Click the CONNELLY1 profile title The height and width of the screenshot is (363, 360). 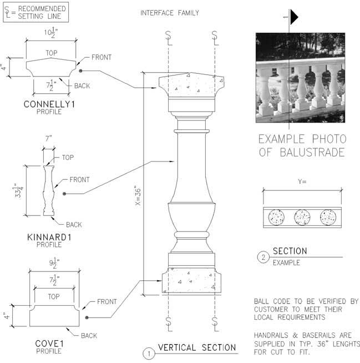tap(49, 104)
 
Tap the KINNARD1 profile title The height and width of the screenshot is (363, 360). tap(49, 238)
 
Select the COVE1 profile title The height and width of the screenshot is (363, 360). tap(49, 344)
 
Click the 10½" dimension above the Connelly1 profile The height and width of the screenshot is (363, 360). tap(51, 32)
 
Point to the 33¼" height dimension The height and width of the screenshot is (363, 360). tap(18, 190)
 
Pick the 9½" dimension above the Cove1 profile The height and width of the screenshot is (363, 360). tap(54, 263)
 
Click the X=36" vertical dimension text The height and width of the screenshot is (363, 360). tap(138, 195)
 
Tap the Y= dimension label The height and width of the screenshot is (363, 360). tap(302, 181)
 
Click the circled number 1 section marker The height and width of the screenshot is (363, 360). tap(149, 354)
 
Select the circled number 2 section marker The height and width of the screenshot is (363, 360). tap(263, 257)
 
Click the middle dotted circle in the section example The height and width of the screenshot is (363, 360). tap(302, 218)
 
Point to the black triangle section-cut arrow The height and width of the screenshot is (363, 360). tap(295, 17)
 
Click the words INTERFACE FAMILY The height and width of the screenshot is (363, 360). tap(170, 13)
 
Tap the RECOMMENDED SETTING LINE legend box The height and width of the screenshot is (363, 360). tap(36, 12)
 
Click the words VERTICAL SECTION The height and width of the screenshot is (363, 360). tap(197, 347)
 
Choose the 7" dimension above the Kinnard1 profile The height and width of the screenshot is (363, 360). tap(48, 138)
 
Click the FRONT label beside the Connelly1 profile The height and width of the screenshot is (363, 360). tap(102, 57)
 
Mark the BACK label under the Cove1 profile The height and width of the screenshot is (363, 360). tap(89, 336)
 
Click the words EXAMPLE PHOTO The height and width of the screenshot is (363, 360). tap(302, 139)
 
